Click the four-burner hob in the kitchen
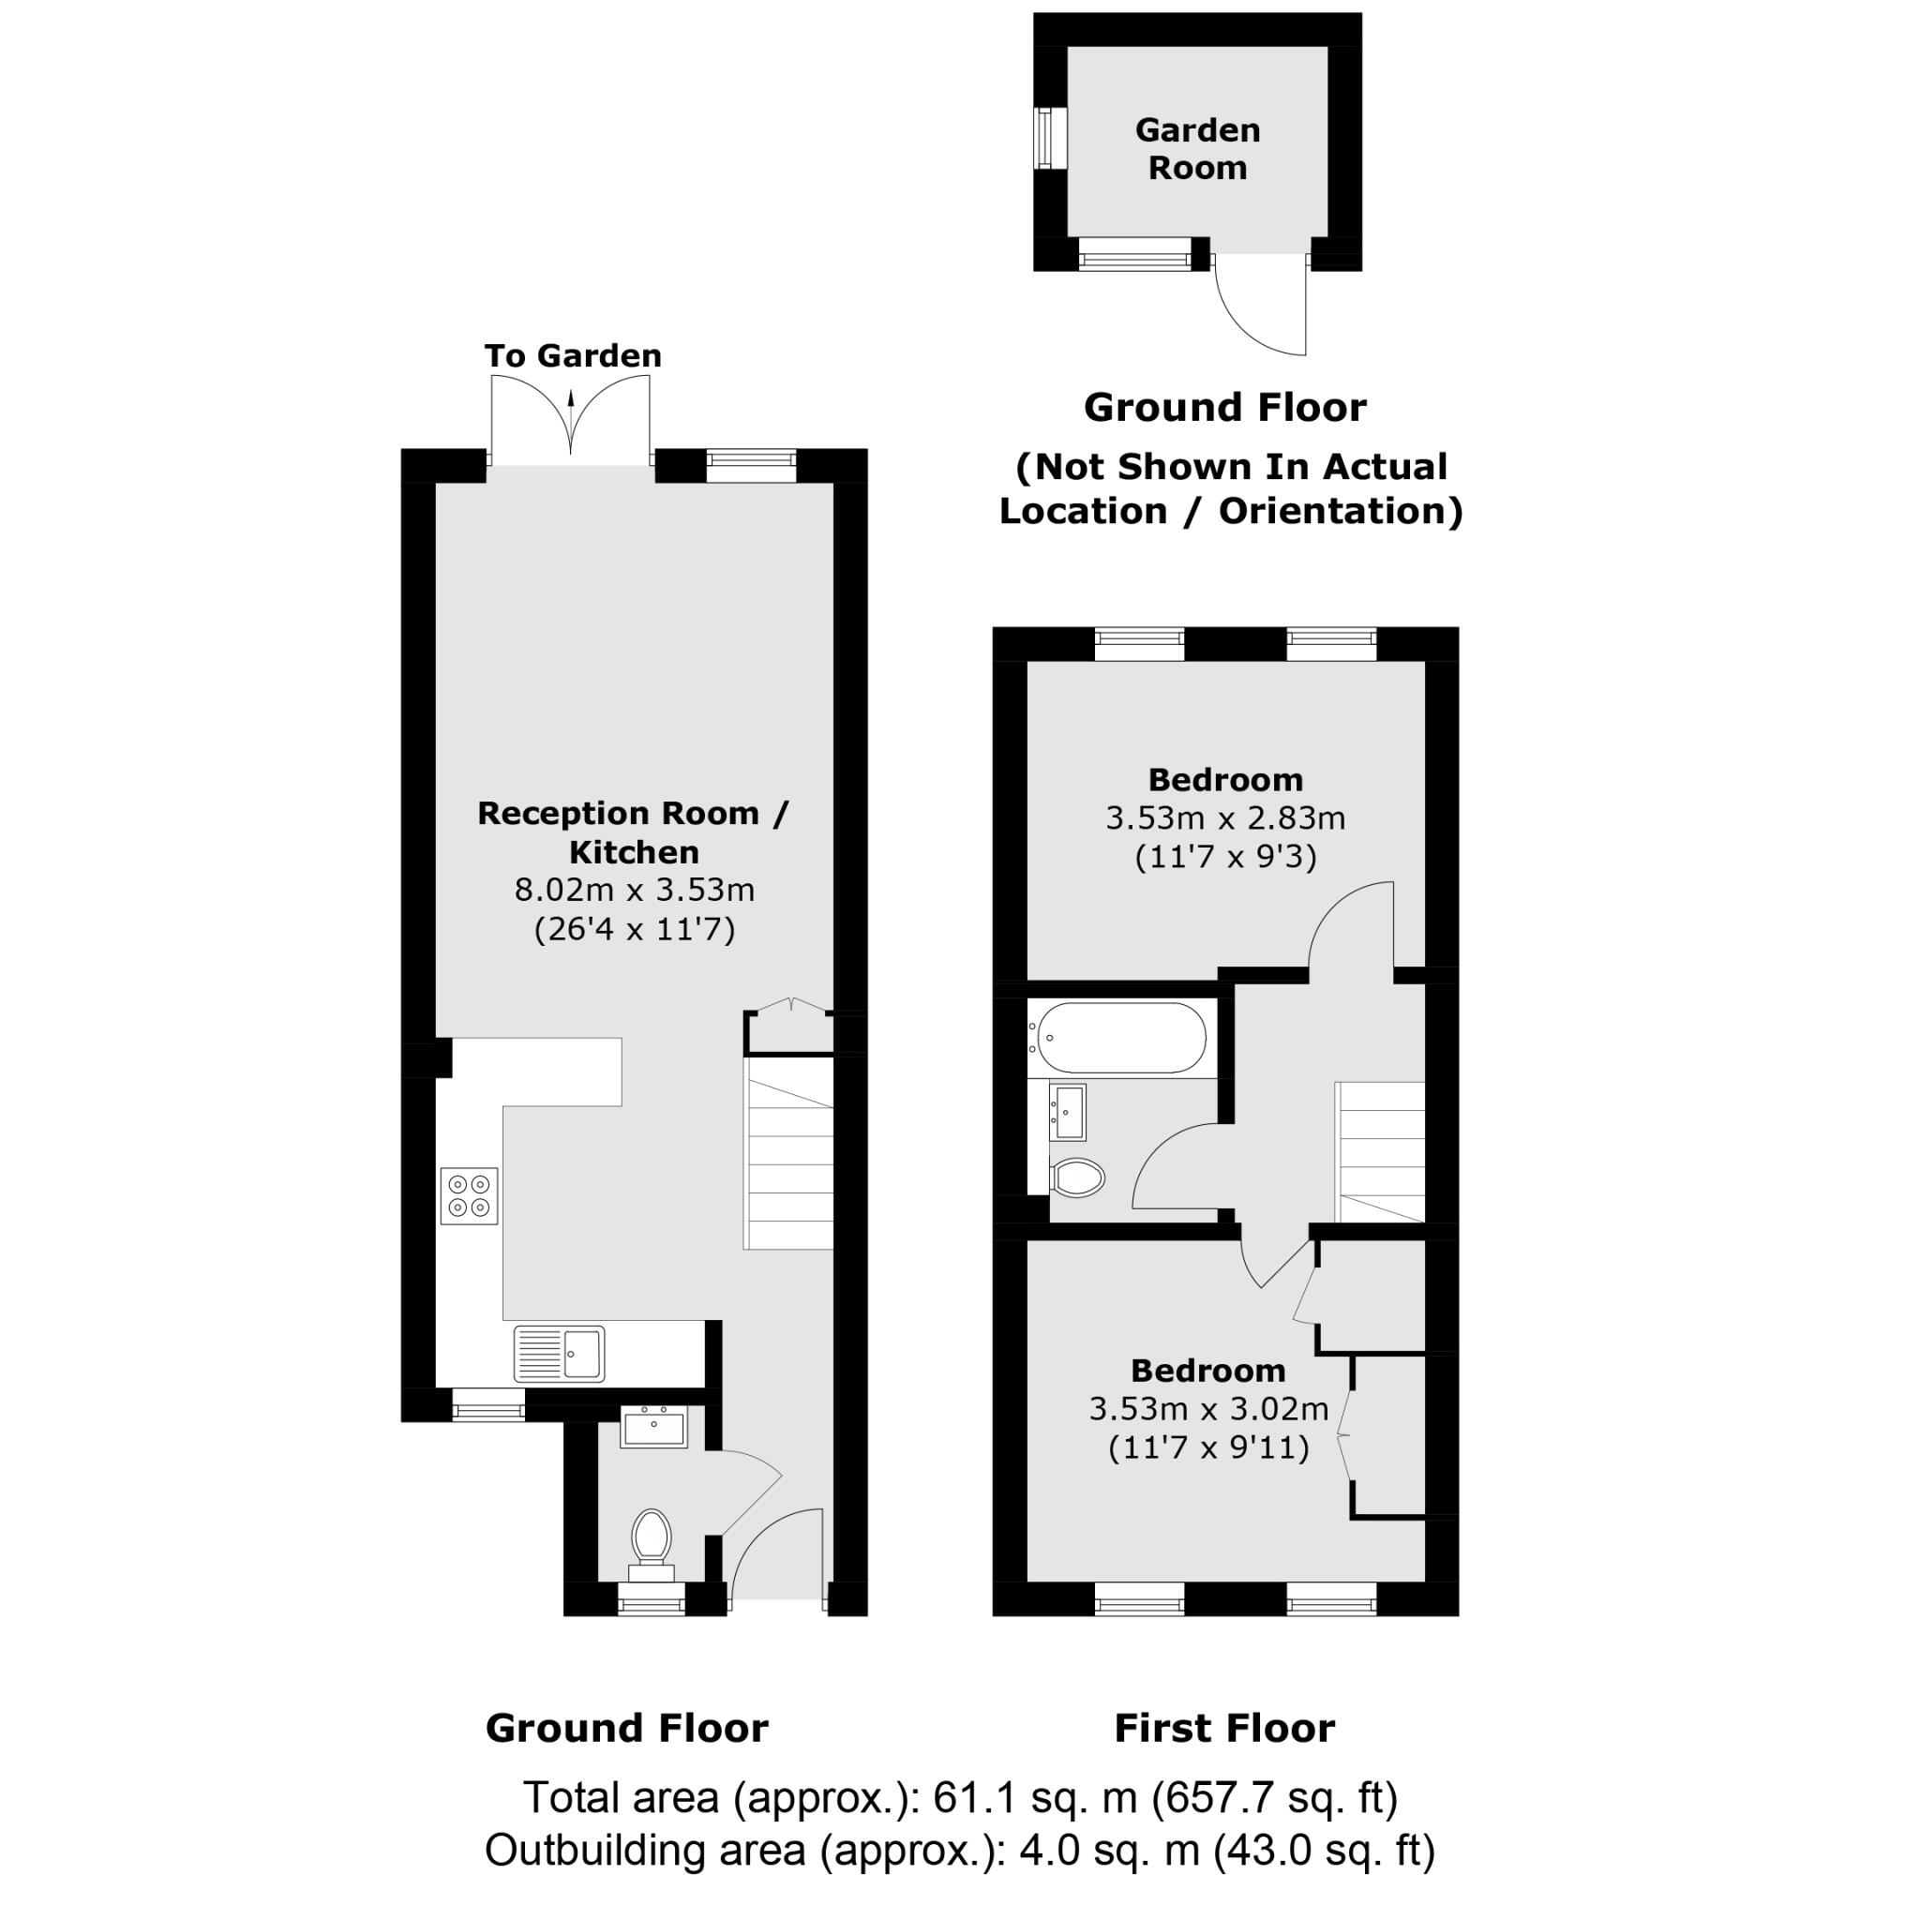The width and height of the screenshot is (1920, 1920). pos(469,1196)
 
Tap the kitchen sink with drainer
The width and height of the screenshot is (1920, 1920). pos(559,1354)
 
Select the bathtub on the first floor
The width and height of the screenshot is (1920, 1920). pos(1118,1038)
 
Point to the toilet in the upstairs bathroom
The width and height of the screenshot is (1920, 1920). pos(1078,1178)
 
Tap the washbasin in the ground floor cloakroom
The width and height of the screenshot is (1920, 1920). pos(654,1429)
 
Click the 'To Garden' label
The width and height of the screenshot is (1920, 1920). pos(573,355)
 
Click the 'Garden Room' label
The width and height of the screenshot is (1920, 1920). pos(1197,149)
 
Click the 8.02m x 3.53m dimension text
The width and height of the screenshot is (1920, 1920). pos(634,890)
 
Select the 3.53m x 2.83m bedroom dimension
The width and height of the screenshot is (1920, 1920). pos(1225,817)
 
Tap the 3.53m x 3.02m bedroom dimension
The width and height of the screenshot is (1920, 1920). pos(1208,1408)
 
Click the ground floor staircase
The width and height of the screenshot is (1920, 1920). pos(789,1153)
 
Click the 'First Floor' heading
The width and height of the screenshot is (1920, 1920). pos(1224,1728)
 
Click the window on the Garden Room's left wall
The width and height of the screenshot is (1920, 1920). pos(1045,139)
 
